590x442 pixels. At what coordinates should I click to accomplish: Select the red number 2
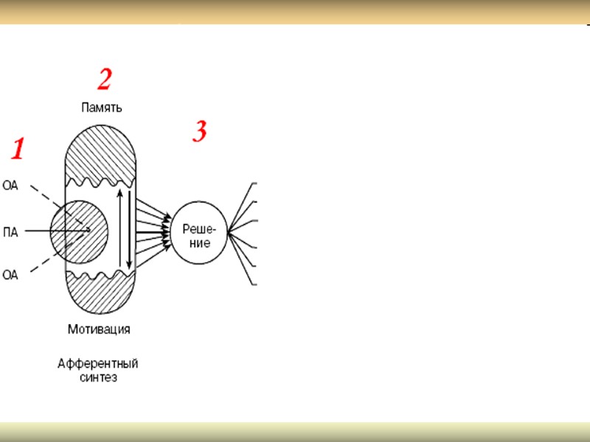[x=105, y=78]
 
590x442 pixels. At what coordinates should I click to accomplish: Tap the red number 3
[x=199, y=132]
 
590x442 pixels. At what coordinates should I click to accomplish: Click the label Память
[x=102, y=107]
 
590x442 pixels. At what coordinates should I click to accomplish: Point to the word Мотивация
[x=99, y=329]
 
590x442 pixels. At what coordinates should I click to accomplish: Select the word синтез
[x=98, y=378]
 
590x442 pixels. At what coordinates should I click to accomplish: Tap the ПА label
[x=11, y=234]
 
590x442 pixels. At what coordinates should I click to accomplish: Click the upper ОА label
[x=10, y=186]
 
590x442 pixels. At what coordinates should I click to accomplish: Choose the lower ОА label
[x=10, y=276]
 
